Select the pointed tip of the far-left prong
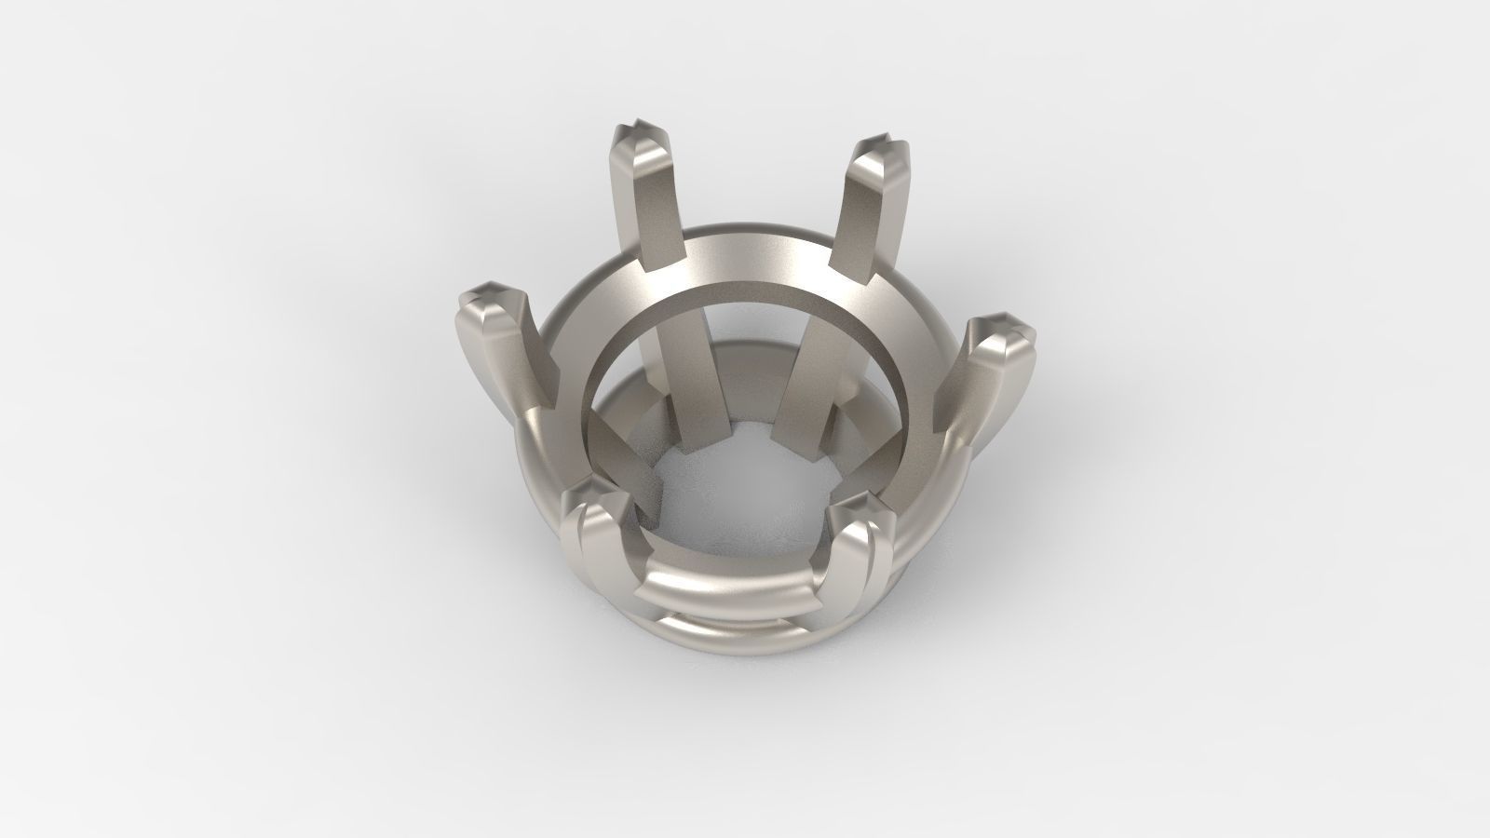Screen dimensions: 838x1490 [x=487, y=295]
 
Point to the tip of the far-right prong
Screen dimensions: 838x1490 [x=1003, y=327]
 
